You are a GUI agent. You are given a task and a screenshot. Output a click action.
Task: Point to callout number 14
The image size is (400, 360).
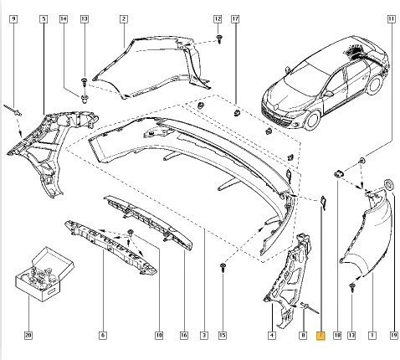tap(64, 18)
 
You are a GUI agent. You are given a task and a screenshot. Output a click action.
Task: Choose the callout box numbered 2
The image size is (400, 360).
tap(123, 18)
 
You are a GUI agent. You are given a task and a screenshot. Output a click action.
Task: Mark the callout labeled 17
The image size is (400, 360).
tap(235, 18)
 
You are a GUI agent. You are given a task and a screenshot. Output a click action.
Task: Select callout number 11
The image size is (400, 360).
tap(390, 18)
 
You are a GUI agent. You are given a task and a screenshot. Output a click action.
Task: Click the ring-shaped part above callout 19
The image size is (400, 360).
tap(389, 184)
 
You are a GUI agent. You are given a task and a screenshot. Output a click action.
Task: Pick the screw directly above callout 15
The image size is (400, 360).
tap(222, 266)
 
